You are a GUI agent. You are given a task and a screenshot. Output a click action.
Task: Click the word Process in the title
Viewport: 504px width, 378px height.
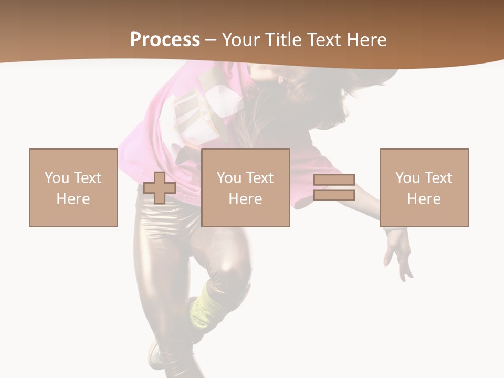coord(165,40)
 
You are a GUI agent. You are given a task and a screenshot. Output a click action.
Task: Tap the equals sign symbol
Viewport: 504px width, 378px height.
coord(334,187)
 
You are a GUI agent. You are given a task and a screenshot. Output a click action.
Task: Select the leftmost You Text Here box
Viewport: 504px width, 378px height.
coord(73,187)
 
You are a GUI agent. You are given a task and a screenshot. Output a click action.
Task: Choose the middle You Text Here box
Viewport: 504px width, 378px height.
coord(246,187)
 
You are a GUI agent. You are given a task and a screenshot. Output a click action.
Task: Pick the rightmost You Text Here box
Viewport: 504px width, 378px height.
coord(424,187)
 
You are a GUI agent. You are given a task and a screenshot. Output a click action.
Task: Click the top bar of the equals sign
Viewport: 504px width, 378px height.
coord(334,180)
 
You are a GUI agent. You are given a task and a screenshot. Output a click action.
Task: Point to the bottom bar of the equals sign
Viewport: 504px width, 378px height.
coord(334,195)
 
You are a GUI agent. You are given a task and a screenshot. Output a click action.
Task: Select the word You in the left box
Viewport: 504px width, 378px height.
coord(56,178)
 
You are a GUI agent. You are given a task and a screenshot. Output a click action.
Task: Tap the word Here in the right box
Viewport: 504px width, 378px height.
coord(424,199)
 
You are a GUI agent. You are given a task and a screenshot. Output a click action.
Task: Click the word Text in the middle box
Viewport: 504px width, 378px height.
coord(260,178)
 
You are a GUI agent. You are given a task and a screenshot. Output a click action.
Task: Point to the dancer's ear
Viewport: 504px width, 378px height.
coord(282,81)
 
